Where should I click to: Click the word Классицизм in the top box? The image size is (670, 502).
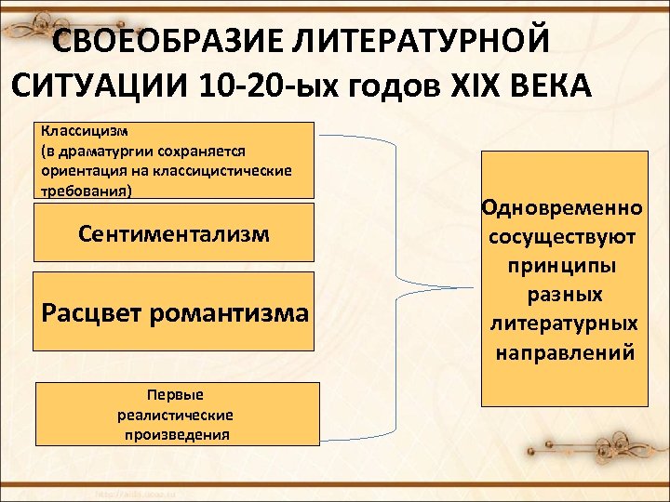pos(78,131)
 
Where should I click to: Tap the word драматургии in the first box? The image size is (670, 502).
pos(97,151)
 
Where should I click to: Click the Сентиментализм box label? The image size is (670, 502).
pos(174,233)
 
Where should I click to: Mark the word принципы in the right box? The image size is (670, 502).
pos(561,266)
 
